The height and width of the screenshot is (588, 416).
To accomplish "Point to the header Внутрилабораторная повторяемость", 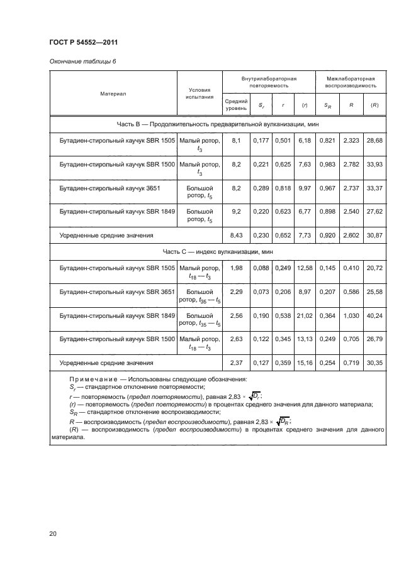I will pyautogui.click(x=269, y=82).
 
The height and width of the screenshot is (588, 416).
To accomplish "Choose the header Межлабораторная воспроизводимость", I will pyautogui.click(x=351, y=82).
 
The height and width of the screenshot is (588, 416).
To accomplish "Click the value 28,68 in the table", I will pyautogui.click(x=374, y=141).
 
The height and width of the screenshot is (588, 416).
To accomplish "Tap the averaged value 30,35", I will pyautogui.click(x=374, y=362).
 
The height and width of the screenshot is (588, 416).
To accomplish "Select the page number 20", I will pyautogui.click(x=53, y=534).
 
